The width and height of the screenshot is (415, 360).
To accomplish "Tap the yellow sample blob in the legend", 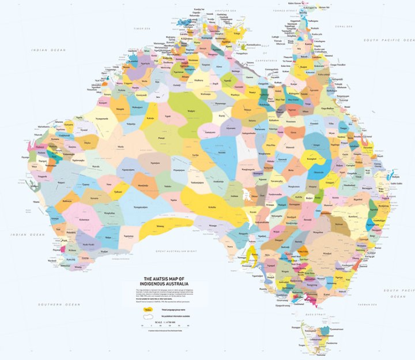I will point(149,310).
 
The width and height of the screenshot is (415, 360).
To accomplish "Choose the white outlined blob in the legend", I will point(149,317).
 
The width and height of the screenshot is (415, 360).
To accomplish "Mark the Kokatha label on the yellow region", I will point(212,207).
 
